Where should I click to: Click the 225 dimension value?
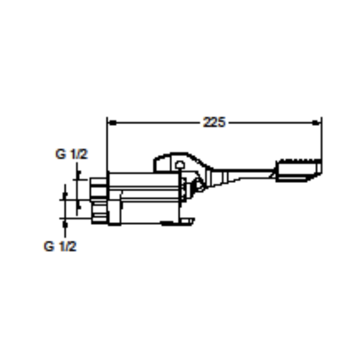coord(214,122)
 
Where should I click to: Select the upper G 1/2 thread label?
coord(71,154)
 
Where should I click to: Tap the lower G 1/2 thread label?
coord(60,247)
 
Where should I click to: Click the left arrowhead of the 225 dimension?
coord(112,123)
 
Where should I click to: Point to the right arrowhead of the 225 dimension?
coord(316,123)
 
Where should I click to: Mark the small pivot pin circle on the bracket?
coord(180,164)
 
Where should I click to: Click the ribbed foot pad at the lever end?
coord(298,170)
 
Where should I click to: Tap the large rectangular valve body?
coord(144,197)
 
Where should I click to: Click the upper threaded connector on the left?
coord(98,188)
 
